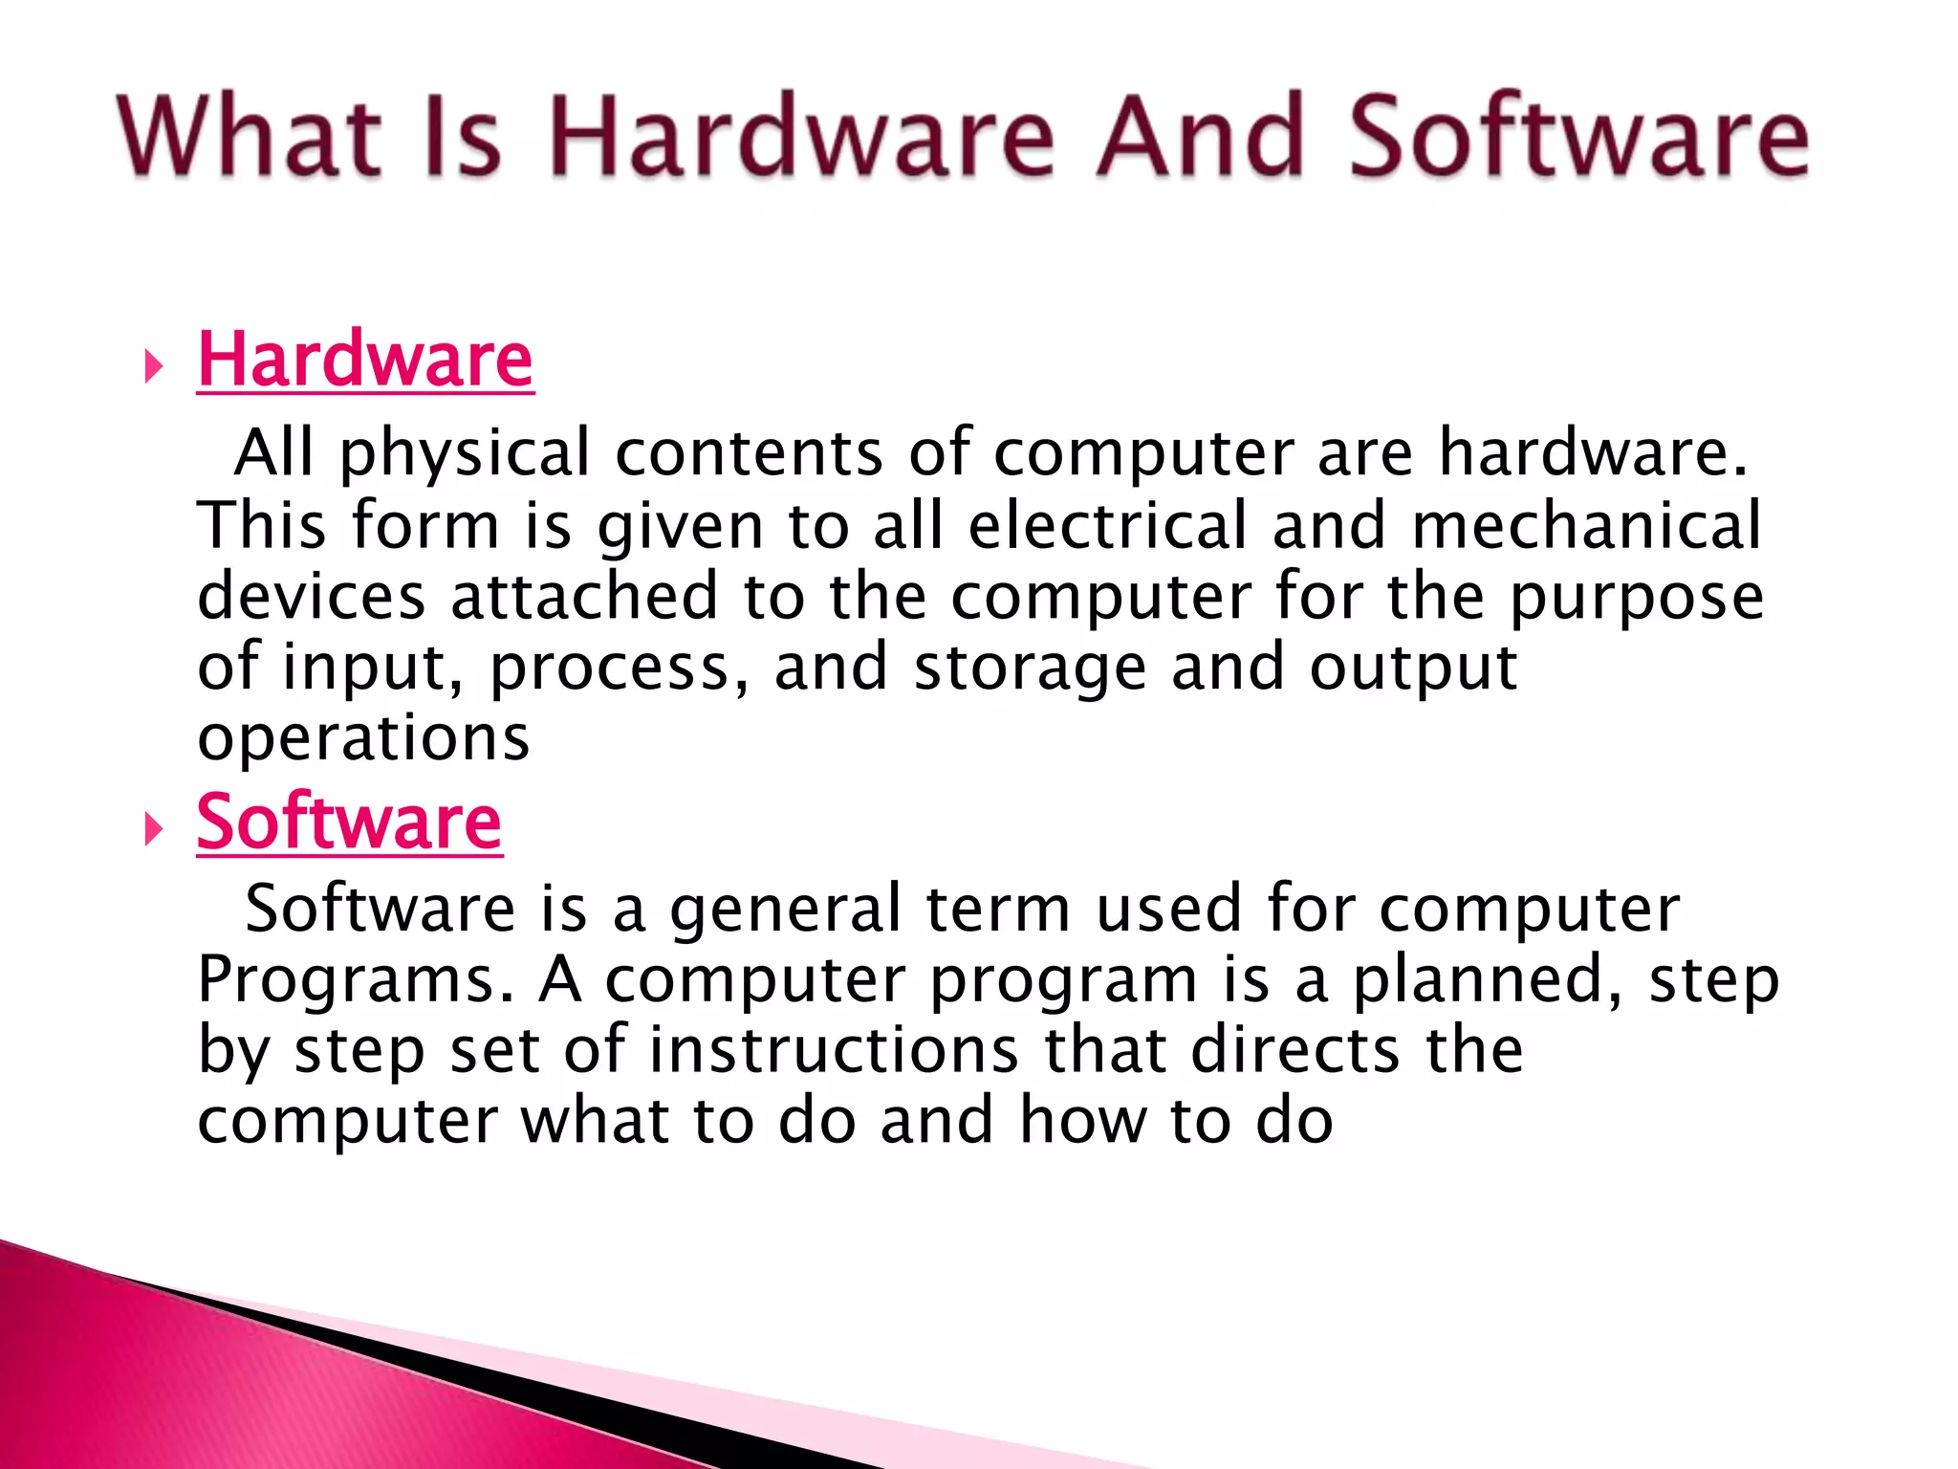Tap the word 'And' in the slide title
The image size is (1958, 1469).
coord(1201,136)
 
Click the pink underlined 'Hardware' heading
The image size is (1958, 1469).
coord(365,360)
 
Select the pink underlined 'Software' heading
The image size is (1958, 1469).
coord(349,822)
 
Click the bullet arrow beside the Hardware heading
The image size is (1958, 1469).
coord(153,366)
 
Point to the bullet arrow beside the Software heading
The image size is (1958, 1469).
coord(153,829)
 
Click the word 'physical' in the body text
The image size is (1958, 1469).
coord(465,454)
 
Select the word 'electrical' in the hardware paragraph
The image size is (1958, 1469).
coord(1107,526)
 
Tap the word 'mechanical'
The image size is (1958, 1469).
coord(1585,526)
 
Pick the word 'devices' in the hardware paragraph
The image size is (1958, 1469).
coord(311,597)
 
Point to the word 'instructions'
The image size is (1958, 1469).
coord(834,1050)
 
